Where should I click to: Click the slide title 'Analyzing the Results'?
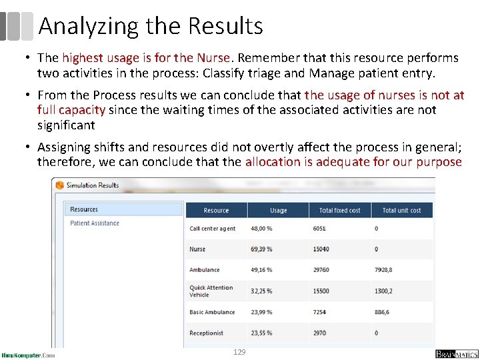(x=151, y=26)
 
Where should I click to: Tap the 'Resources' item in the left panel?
(x=84, y=209)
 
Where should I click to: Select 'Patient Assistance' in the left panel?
(x=95, y=223)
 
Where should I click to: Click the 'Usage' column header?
(x=279, y=211)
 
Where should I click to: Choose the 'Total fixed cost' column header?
(x=339, y=211)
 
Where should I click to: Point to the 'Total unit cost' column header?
(x=401, y=211)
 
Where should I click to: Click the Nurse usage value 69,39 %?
(x=261, y=249)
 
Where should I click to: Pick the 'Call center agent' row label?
(x=212, y=229)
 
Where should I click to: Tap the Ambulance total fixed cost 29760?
(x=321, y=270)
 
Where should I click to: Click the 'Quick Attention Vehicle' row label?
(x=211, y=291)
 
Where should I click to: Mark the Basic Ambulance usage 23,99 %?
(x=261, y=312)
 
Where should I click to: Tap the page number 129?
(x=239, y=351)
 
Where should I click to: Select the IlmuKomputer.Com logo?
(x=28, y=355)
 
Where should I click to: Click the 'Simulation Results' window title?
(x=92, y=185)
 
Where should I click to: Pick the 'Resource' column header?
(x=216, y=211)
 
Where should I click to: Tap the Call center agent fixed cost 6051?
(x=319, y=229)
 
